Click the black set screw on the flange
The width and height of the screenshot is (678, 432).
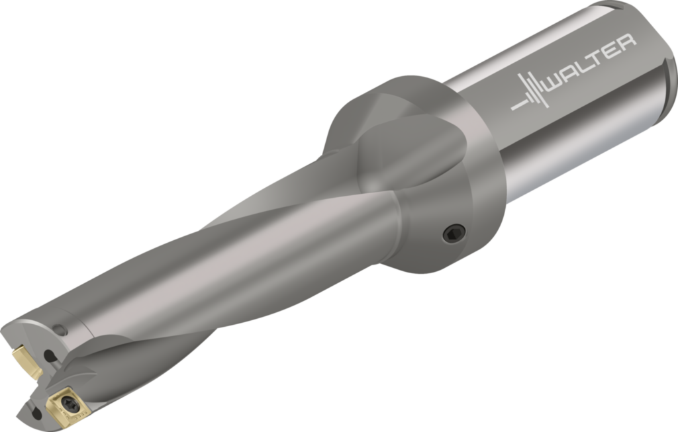(x=454, y=233)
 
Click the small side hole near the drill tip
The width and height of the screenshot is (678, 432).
(x=60, y=329)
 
